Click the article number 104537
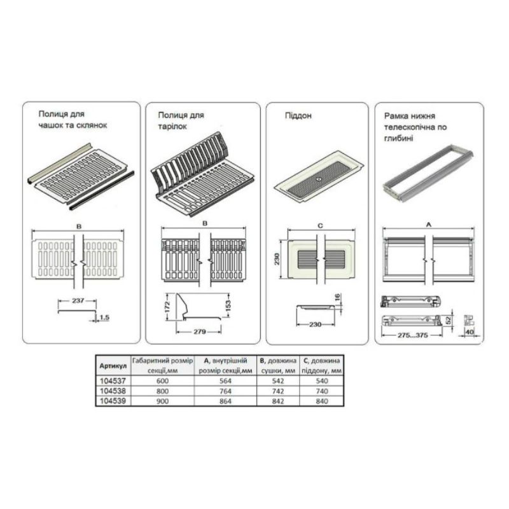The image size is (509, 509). (x=113, y=380)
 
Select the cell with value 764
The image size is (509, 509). (x=225, y=391)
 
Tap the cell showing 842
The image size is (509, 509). (x=278, y=401)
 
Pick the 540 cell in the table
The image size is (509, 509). (x=322, y=380)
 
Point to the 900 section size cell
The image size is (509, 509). (x=162, y=401)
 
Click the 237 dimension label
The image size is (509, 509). (x=78, y=300)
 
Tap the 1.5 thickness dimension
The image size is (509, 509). (x=104, y=317)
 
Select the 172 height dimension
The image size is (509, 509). (x=167, y=307)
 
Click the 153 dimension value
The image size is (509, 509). (x=228, y=306)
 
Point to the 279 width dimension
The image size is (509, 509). (x=200, y=331)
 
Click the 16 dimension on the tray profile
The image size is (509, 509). (x=338, y=297)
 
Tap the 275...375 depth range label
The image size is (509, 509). (x=412, y=335)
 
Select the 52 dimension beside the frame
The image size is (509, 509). (x=449, y=321)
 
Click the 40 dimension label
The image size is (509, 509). (x=470, y=332)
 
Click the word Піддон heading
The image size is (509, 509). (x=298, y=116)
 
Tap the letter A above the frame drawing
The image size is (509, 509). (x=428, y=225)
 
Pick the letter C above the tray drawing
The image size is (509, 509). (x=321, y=226)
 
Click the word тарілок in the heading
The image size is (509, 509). (x=172, y=126)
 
